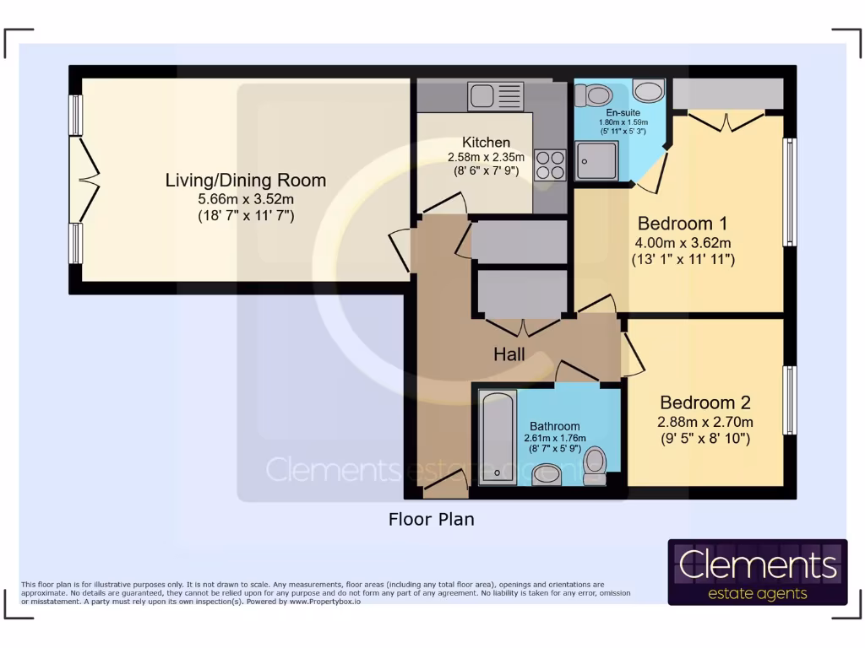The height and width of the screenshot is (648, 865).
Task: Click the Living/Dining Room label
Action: (x=246, y=181)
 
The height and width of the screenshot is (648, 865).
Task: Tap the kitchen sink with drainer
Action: (x=495, y=96)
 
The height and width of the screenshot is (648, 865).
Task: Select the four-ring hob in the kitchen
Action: (x=550, y=165)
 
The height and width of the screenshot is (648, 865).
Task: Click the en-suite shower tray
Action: (x=596, y=160)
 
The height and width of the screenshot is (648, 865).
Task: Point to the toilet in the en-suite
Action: (x=593, y=94)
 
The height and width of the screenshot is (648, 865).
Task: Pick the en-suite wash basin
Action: (x=648, y=90)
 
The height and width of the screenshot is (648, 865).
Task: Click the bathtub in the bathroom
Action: (x=498, y=438)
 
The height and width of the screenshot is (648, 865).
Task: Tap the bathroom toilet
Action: (x=595, y=466)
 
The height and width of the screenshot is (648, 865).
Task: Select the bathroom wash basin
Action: (x=547, y=474)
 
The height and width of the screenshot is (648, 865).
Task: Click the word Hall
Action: (x=509, y=354)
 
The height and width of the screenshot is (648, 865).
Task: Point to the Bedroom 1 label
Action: (x=683, y=223)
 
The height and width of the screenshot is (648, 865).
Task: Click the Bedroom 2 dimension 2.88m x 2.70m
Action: (x=705, y=422)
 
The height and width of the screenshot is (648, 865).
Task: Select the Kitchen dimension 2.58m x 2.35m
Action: (x=486, y=157)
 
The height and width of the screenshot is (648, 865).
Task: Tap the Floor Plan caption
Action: (x=432, y=519)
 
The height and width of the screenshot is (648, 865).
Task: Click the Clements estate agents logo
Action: (x=758, y=572)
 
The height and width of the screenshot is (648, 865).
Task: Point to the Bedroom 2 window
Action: (x=790, y=400)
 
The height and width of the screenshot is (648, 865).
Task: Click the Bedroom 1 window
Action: (x=790, y=192)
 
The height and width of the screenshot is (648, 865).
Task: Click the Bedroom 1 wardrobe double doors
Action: (x=726, y=121)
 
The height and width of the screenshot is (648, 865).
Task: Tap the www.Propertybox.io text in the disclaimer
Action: (x=325, y=602)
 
